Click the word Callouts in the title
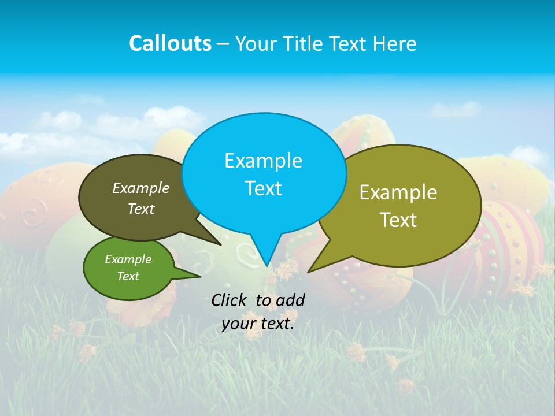(x=170, y=43)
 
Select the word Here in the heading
(x=395, y=43)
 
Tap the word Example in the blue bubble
(x=263, y=161)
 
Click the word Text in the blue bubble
(x=263, y=188)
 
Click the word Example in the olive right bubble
(x=398, y=192)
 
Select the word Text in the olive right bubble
(x=398, y=220)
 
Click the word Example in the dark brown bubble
(x=141, y=188)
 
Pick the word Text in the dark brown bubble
(x=141, y=209)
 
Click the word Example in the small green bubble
(x=128, y=259)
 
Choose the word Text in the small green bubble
(x=128, y=276)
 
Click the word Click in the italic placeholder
(x=231, y=300)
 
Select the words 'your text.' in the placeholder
(x=258, y=324)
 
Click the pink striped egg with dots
(x=509, y=243)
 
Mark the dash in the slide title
(x=223, y=44)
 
